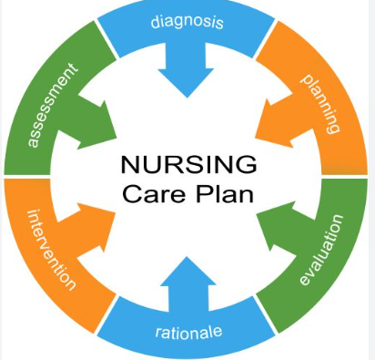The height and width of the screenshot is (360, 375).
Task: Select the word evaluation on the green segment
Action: pos(322,250)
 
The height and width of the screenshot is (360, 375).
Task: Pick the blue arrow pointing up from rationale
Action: pos(187,283)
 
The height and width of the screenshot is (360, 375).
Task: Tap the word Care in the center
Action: pos(151,194)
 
